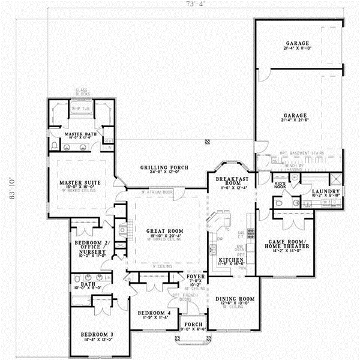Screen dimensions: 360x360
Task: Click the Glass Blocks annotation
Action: point(82,94)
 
